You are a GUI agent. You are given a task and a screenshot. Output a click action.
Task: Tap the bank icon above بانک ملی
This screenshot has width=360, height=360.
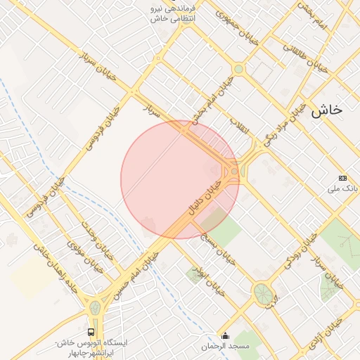[342, 178]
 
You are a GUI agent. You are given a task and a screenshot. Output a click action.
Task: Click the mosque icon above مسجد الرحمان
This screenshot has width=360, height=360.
[225, 335]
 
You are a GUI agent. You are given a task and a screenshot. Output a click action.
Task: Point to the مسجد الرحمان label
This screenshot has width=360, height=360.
[225, 347]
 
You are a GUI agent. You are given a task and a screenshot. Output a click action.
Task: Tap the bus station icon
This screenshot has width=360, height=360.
[91, 331]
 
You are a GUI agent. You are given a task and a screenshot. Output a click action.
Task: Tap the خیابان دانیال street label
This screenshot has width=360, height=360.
[204, 197]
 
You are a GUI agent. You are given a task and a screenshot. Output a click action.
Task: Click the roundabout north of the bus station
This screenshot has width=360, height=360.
[95, 307]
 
